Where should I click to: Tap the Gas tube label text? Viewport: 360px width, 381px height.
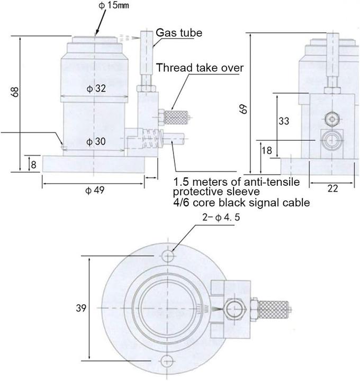(x=178, y=33)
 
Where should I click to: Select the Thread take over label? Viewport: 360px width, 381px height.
(x=200, y=68)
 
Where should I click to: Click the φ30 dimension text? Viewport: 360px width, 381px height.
(x=96, y=141)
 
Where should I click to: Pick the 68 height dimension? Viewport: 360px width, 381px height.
(x=16, y=91)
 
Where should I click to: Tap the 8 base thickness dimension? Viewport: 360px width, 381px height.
(x=33, y=165)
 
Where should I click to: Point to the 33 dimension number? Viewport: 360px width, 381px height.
(x=284, y=121)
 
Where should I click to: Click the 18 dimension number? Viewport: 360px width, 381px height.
(x=267, y=150)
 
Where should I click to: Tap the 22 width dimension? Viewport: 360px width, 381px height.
(x=332, y=188)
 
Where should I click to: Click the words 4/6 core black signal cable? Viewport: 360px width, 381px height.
(x=241, y=202)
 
